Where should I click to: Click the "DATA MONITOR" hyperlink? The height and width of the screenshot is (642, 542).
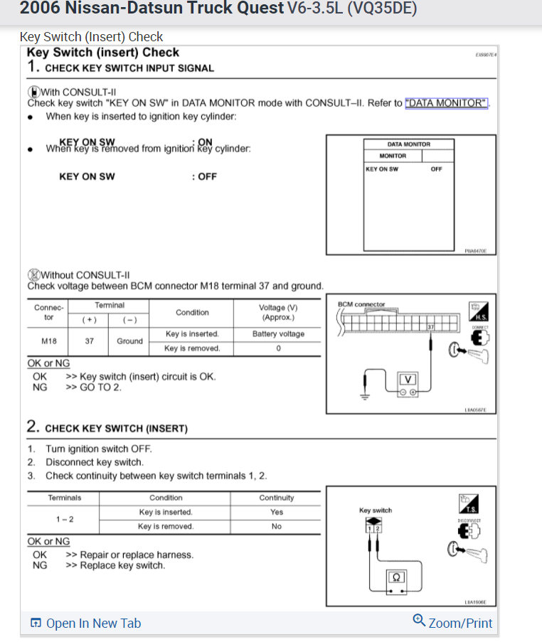point(447,103)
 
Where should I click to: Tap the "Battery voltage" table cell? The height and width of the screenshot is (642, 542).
point(278,334)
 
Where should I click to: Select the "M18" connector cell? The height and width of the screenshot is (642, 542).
point(49,341)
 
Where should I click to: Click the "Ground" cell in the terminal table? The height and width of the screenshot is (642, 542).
point(129,341)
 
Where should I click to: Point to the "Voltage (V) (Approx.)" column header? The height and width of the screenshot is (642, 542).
point(278,312)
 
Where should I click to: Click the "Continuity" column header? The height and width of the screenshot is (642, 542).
point(277,498)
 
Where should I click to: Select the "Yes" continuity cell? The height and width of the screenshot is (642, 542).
point(277,512)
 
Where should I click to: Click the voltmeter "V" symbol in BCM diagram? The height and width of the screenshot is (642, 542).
point(409,378)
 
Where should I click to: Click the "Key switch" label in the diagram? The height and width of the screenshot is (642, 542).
point(376,510)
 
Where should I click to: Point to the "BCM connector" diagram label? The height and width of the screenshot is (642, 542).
point(361,304)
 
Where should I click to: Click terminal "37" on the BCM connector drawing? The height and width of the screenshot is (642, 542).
point(430,326)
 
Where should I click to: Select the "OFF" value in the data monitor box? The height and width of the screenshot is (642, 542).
point(436,169)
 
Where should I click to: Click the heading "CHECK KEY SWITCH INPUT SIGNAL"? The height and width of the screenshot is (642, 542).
point(129,68)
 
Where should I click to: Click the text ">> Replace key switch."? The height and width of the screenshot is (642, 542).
point(115,566)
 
